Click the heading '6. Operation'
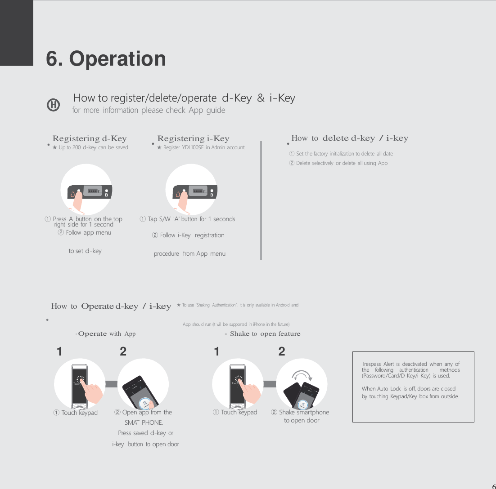pyautogui.click(x=106, y=59)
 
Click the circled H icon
pyautogui.click(x=53, y=105)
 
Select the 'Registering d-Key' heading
pyautogui.click(x=90, y=138)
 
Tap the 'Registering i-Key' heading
pyautogui.click(x=193, y=138)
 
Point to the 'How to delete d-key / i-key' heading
pyautogui.click(x=349, y=138)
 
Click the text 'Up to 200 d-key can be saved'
pyautogui.click(x=90, y=147)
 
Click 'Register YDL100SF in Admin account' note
pyautogui.click(x=201, y=147)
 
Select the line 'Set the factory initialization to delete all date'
pyautogui.click(x=341, y=154)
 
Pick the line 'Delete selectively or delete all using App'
pyautogui.click(x=338, y=163)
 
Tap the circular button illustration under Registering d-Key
pyautogui.click(x=87, y=189)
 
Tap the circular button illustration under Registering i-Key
pyautogui.click(x=192, y=189)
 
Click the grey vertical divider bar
pyautogui.click(x=261, y=200)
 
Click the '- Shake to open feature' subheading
pyautogui.click(x=262, y=333)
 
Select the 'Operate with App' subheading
pyautogui.click(x=106, y=333)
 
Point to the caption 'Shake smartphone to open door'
pyautogui.click(x=301, y=416)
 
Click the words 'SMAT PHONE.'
pyautogui.click(x=144, y=422)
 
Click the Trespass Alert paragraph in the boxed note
pyautogui.click(x=410, y=369)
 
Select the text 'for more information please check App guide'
pyautogui.click(x=149, y=110)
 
